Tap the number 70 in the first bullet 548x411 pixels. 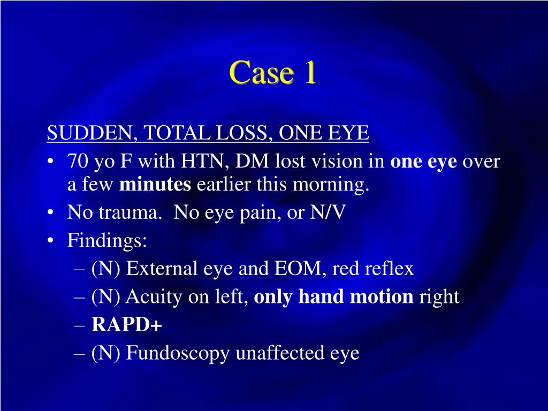coord(77,162)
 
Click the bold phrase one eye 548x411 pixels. coord(423,162)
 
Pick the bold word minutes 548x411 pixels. coord(155,185)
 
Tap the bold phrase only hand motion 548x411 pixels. coord(333,297)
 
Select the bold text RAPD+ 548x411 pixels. coord(127,325)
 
